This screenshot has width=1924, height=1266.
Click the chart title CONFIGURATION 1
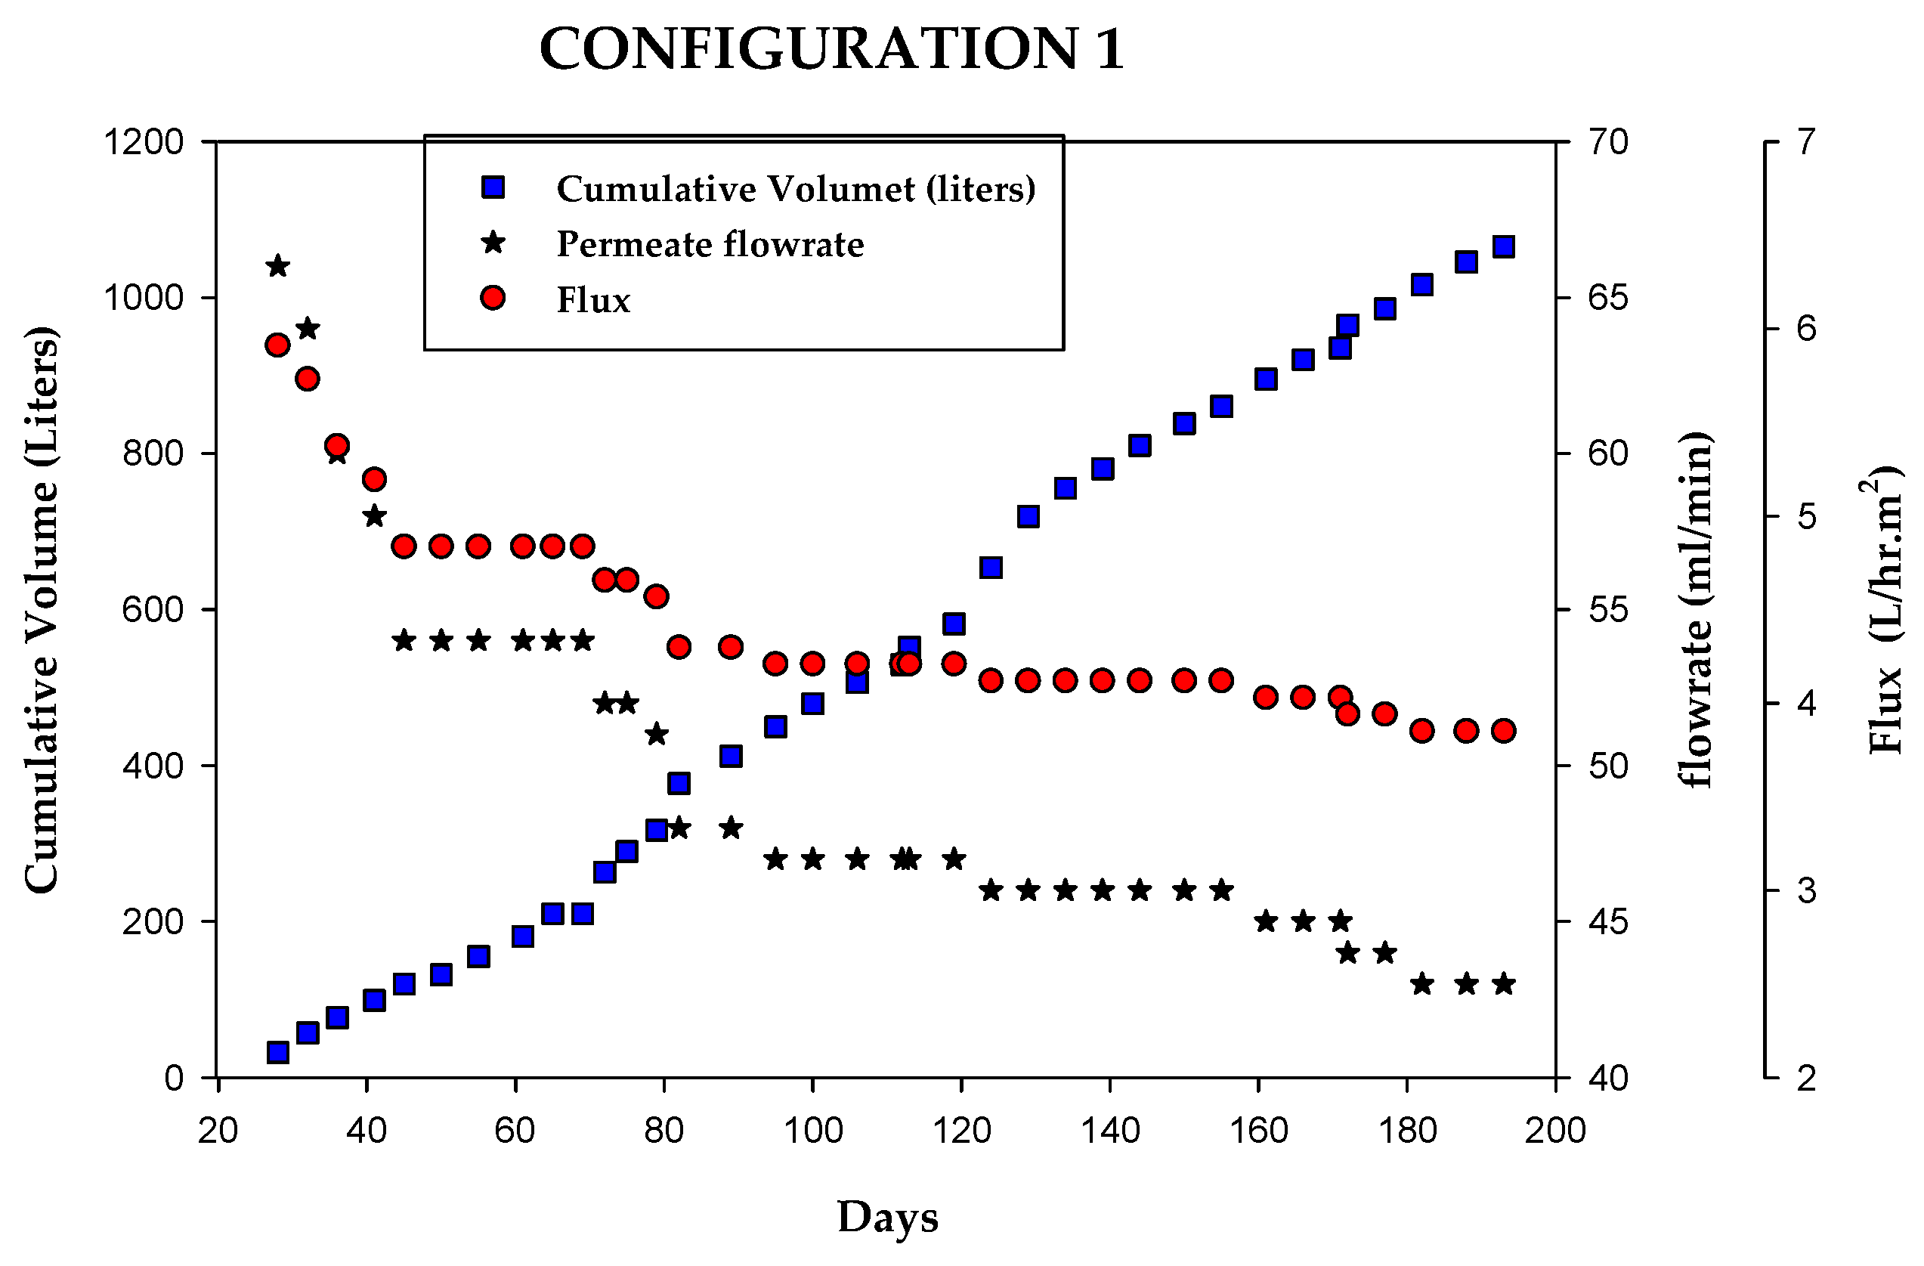point(831,49)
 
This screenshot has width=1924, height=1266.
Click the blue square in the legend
point(493,187)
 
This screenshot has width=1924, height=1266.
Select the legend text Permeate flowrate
point(710,244)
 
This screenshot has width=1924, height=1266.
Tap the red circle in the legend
point(493,299)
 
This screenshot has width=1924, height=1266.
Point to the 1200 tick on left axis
point(144,142)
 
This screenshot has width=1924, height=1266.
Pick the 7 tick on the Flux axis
point(1806,142)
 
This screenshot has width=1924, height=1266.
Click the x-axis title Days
point(887,1217)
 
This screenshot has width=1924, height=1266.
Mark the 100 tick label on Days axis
point(812,1130)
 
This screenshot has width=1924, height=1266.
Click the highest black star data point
point(278,266)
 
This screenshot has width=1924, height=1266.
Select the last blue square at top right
point(1503,246)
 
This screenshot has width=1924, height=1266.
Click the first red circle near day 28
point(278,345)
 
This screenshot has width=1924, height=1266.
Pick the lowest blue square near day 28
point(278,1052)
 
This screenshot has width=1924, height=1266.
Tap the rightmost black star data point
point(1503,985)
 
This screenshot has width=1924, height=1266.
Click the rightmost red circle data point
point(1503,731)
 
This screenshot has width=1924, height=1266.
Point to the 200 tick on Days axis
point(1554,1130)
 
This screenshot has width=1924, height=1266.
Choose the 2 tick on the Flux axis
point(1806,1079)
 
